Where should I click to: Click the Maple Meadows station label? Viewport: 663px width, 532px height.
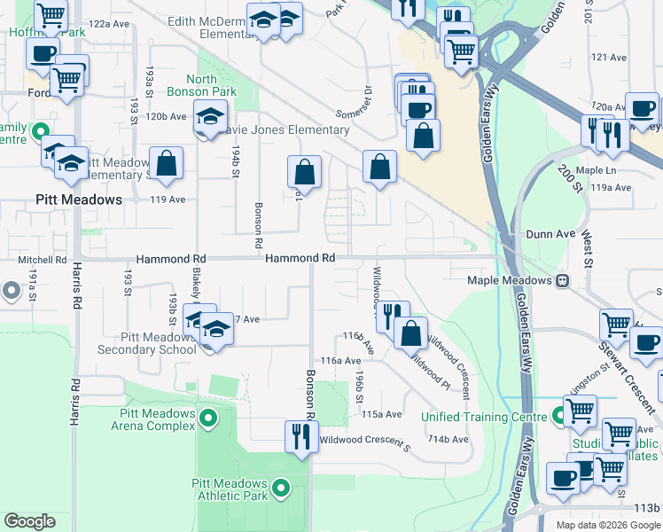(x=510, y=280)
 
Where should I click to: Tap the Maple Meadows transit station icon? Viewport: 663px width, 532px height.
(x=562, y=280)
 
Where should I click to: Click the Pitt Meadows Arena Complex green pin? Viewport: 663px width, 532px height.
(x=208, y=417)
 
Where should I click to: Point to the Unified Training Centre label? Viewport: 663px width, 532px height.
(x=482, y=417)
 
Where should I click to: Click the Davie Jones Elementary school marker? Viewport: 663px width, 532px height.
(x=210, y=116)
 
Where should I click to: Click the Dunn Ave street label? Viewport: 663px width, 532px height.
(x=551, y=234)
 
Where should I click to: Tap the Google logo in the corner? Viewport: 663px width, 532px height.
(x=30, y=521)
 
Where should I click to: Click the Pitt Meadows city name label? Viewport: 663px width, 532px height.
(x=79, y=199)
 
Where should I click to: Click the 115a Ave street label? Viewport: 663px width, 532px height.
(x=381, y=414)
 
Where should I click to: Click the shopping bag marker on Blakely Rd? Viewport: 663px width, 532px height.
(x=166, y=163)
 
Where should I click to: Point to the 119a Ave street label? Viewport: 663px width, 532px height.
(x=611, y=188)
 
